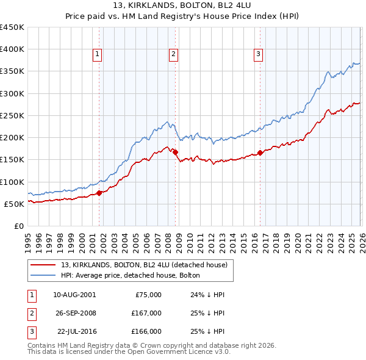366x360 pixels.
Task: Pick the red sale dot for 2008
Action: (x=175, y=152)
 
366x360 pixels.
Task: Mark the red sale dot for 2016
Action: (x=260, y=153)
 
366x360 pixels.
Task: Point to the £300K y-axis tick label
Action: (x=12, y=93)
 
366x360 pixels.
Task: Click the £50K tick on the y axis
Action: (x=15, y=204)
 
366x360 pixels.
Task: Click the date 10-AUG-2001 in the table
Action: (x=74, y=295)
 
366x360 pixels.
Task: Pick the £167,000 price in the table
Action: (x=146, y=313)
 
